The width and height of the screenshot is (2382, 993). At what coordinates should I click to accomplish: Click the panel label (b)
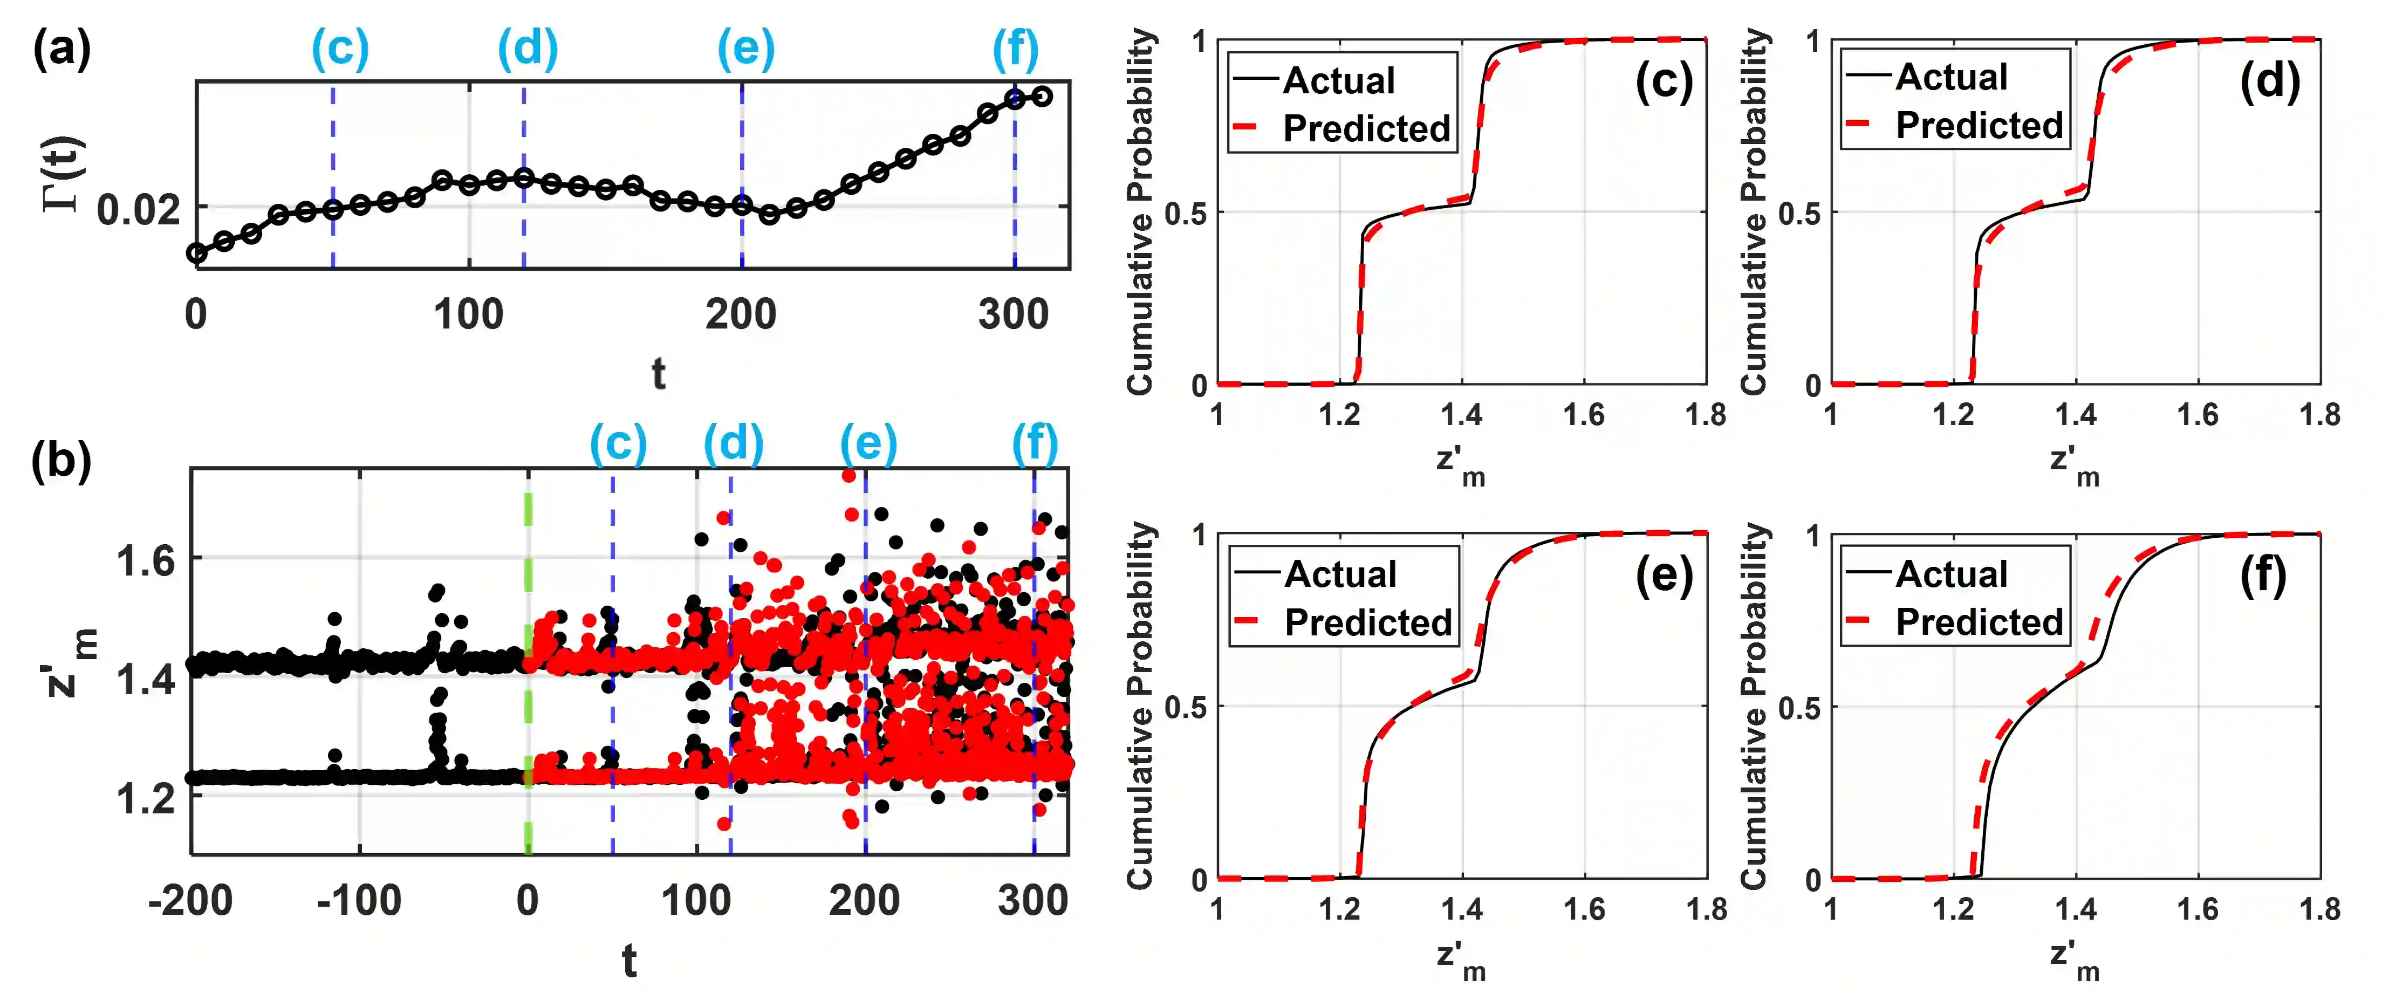click(61, 460)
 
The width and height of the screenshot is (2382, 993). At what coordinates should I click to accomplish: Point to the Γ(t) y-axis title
click(65, 174)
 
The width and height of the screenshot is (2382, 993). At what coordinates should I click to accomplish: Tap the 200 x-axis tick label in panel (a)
click(741, 316)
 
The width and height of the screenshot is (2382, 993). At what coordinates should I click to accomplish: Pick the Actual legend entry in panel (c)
click(1338, 80)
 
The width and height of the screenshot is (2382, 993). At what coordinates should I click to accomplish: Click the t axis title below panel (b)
click(629, 962)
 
